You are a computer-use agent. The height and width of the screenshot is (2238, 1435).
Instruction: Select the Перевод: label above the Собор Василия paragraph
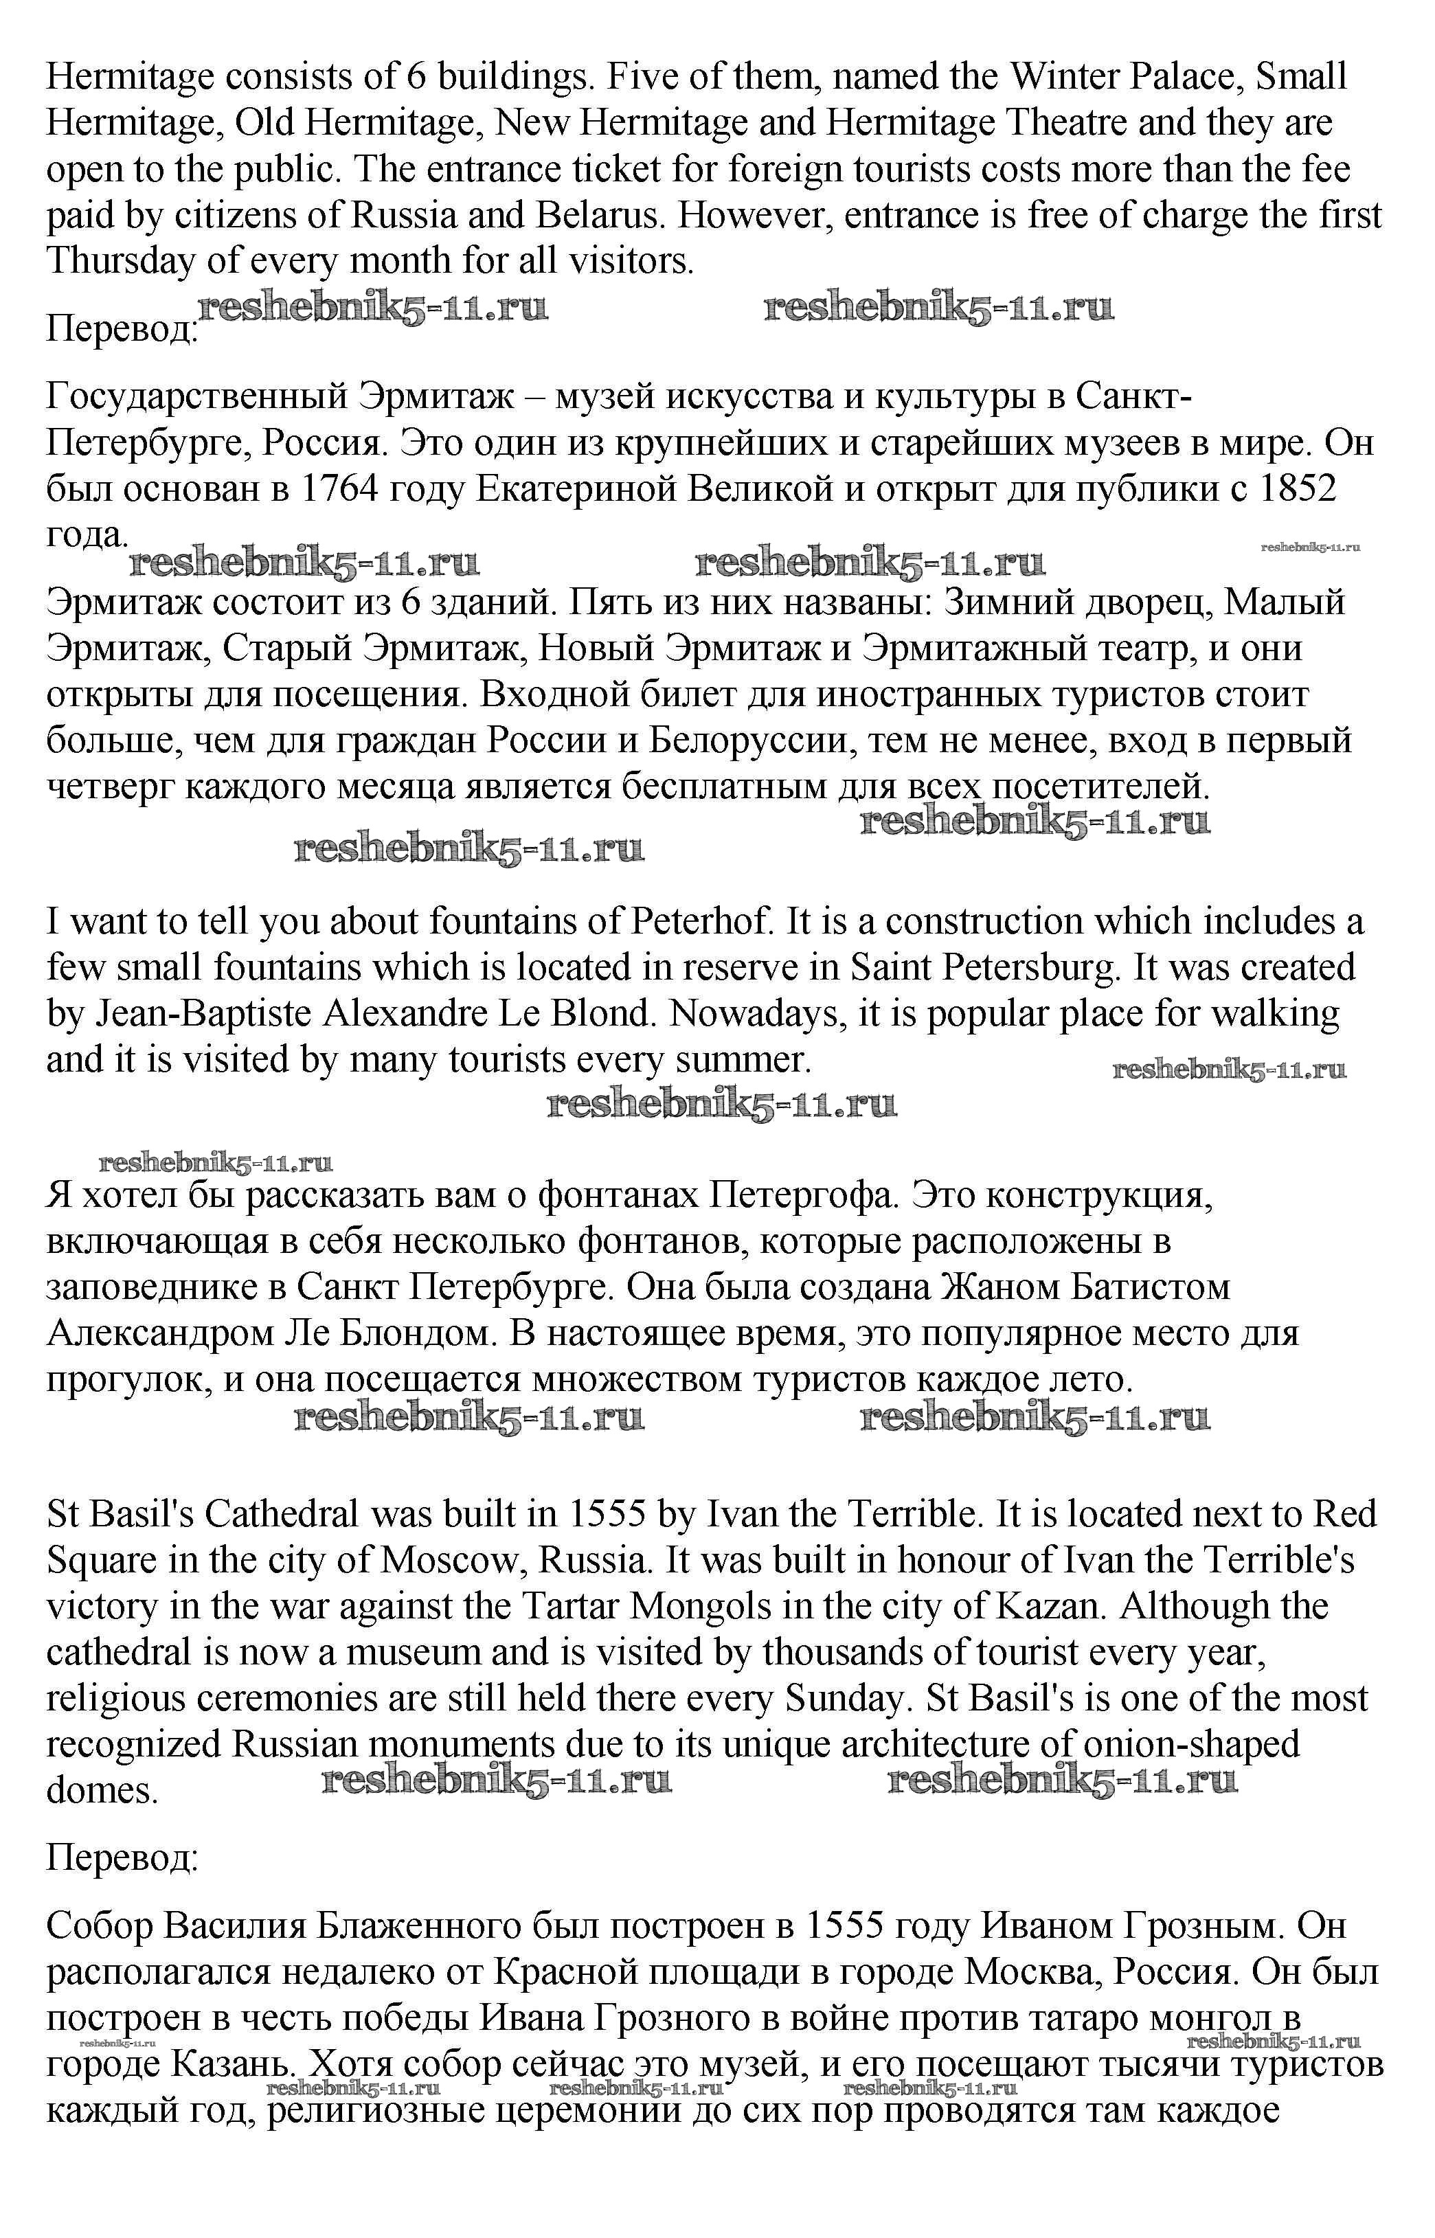point(122,1858)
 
